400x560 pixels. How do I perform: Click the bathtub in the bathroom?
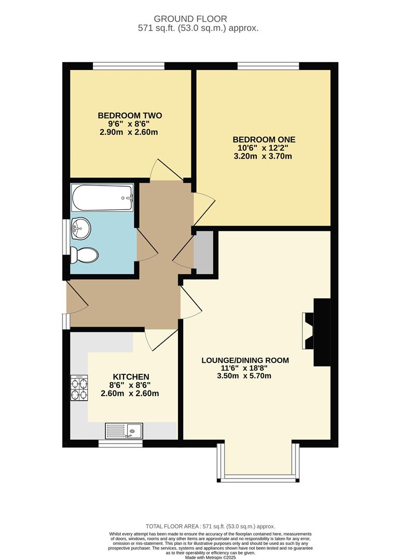(x=103, y=198)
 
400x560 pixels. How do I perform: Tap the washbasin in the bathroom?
(x=80, y=228)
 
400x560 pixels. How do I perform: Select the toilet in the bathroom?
(x=84, y=255)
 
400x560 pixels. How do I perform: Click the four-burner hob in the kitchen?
(x=79, y=388)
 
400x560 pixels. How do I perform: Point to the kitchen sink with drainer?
(x=123, y=431)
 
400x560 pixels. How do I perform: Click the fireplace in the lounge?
(x=316, y=332)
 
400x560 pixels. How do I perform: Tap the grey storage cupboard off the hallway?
(x=204, y=252)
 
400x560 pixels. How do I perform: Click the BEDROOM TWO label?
(x=130, y=115)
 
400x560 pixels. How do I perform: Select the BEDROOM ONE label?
(x=264, y=139)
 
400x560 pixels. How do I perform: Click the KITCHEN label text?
(x=131, y=377)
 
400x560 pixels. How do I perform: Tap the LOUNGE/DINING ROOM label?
(x=245, y=360)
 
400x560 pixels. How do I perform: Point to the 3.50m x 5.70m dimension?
(x=244, y=376)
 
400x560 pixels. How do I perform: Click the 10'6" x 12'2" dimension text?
(x=263, y=148)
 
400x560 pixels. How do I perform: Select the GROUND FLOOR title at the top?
(x=190, y=19)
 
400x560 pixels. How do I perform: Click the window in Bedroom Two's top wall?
(x=129, y=66)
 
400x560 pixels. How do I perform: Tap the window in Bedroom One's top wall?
(x=268, y=66)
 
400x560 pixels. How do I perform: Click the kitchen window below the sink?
(x=120, y=443)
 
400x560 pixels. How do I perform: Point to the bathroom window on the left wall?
(x=66, y=237)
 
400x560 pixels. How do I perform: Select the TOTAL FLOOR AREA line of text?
(x=210, y=526)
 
